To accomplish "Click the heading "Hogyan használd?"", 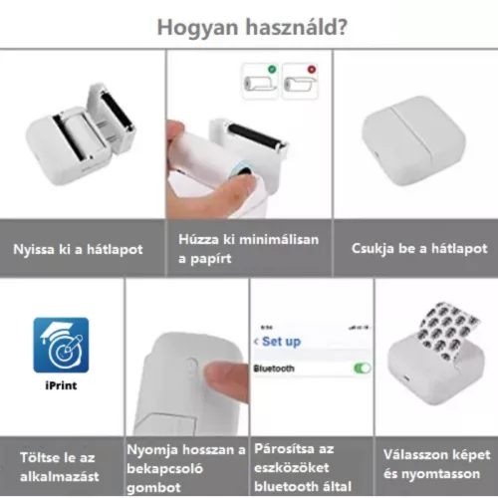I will pos(248,26).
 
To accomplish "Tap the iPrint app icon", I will pos(61,345).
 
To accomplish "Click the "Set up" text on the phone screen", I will pos(281,341).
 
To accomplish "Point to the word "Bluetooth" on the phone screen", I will pos(275,368).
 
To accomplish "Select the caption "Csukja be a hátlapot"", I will pos(418,249).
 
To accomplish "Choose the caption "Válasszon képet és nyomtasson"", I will pos(436,464).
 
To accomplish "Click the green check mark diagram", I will pos(259,81).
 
